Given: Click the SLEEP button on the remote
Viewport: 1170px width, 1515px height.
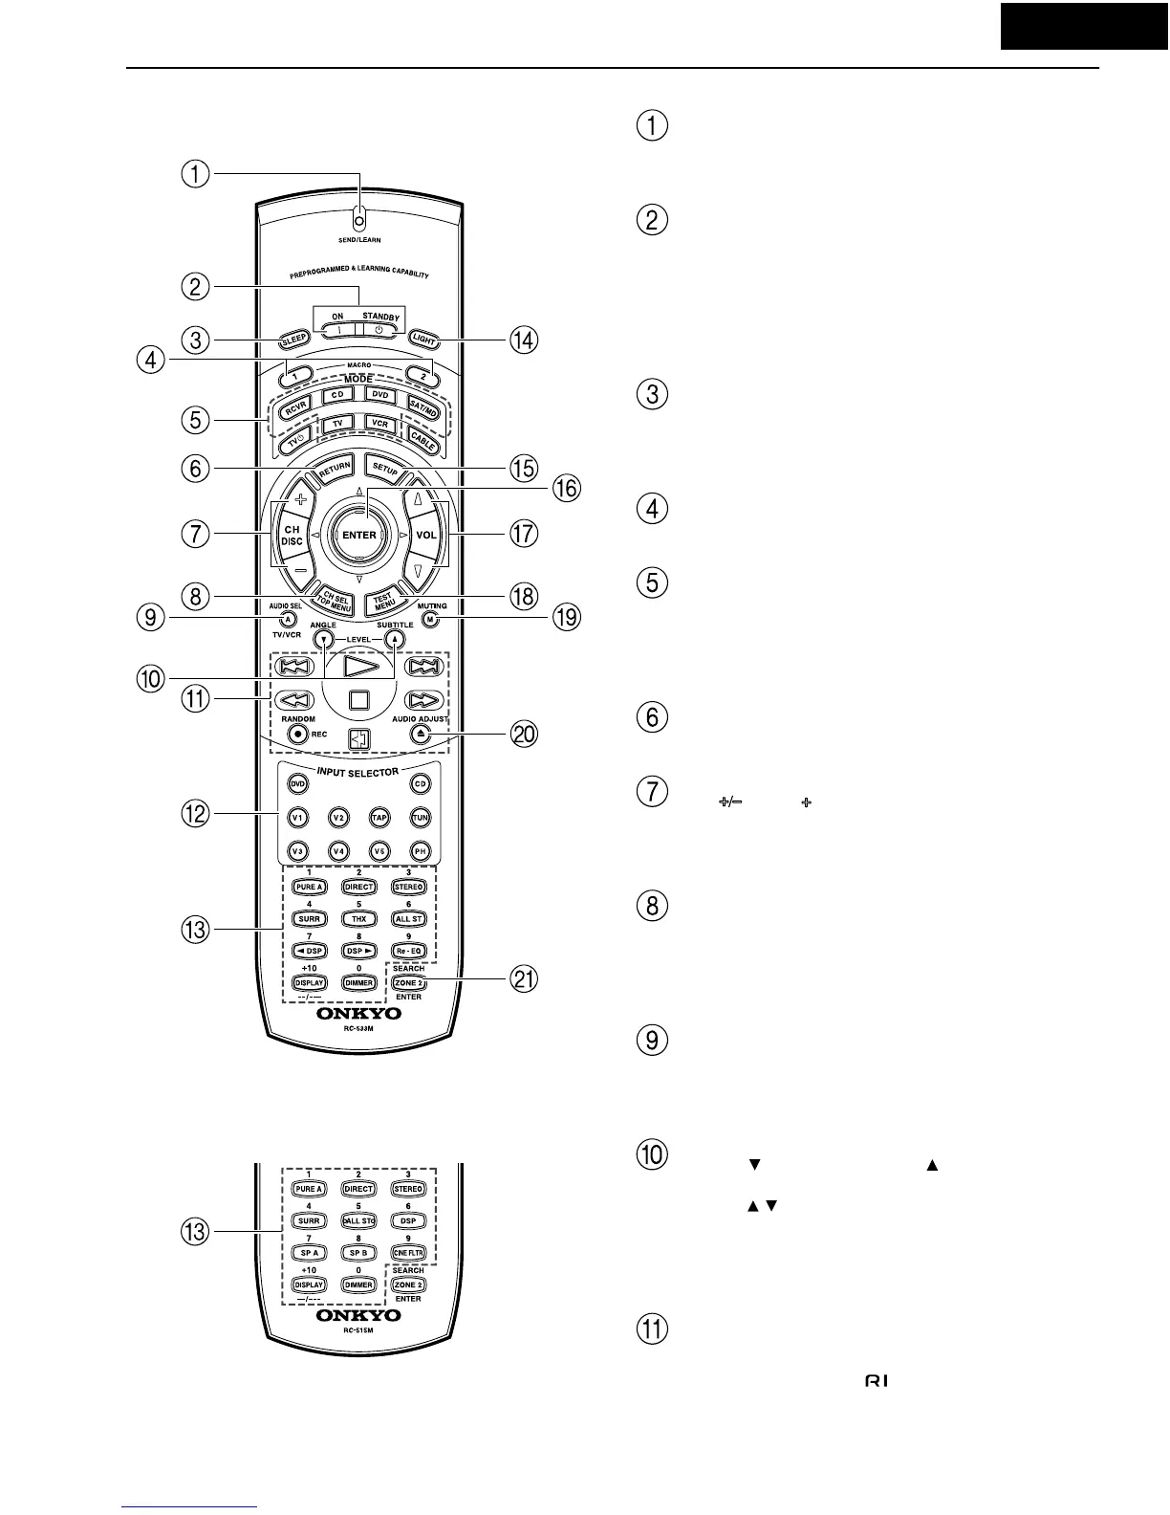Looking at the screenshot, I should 293,339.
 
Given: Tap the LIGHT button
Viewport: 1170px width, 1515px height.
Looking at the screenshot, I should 423,339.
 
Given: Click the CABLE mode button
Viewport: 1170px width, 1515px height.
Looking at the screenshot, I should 422,439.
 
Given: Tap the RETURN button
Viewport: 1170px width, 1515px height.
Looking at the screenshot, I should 334,468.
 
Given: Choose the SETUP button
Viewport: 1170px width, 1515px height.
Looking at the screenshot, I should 384,470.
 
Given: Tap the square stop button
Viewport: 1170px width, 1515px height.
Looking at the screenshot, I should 358,698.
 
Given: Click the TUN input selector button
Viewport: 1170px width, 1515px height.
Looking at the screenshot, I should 421,817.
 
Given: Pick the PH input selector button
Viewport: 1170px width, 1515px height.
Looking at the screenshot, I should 421,851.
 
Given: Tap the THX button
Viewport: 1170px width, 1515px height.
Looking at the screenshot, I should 358,919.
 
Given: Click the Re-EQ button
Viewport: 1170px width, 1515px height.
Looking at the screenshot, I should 409,951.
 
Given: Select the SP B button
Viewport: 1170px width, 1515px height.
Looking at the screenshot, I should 358,1253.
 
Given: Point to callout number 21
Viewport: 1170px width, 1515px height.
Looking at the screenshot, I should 523,979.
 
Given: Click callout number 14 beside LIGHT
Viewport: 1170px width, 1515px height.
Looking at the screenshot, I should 523,340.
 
